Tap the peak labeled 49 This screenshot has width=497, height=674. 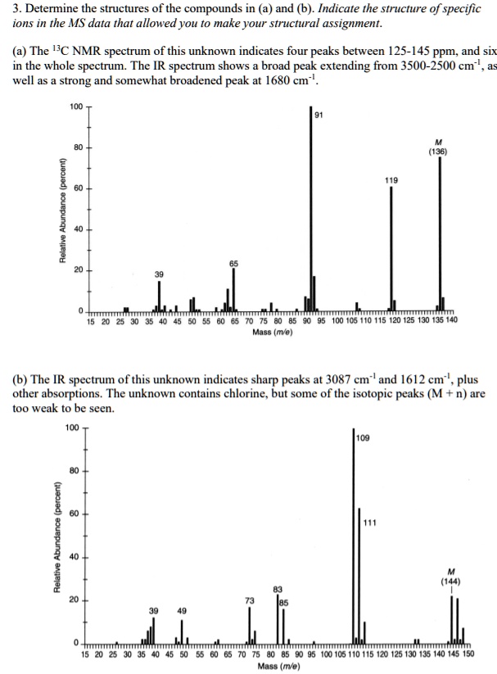(182, 631)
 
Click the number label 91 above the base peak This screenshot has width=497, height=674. (319, 114)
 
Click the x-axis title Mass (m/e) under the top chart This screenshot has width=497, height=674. (273, 332)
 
